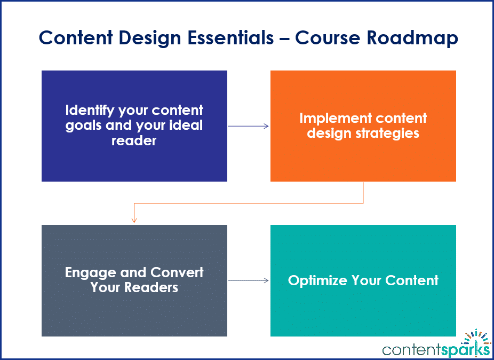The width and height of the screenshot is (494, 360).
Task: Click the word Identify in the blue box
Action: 87,111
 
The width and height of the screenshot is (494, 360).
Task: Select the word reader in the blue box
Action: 134,141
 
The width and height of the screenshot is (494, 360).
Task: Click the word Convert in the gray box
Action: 177,272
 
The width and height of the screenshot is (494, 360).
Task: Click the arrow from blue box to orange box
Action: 249,126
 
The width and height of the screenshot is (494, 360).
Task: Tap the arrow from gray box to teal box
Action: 249,280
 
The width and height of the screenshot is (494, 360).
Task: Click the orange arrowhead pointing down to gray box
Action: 134,220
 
